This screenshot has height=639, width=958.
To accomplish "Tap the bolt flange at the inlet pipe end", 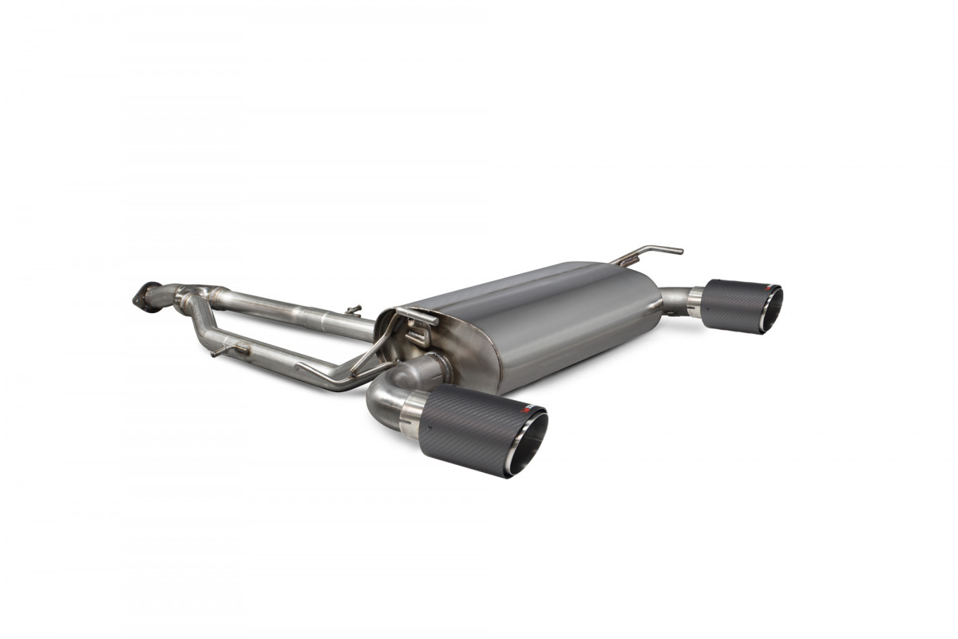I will [144, 295].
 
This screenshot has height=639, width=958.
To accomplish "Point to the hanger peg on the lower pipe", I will [228, 350].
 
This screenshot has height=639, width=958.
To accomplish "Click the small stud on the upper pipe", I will [352, 308].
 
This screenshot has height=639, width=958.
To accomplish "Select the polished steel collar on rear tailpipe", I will [695, 301].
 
